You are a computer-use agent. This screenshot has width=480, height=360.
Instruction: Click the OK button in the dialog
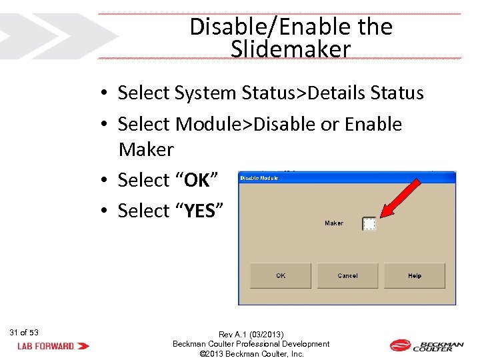(281, 275)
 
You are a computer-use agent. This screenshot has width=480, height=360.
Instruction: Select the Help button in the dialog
(415, 275)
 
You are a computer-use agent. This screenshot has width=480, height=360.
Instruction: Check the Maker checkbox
(369, 224)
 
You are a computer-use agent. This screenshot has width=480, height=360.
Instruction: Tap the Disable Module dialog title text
(259, 178)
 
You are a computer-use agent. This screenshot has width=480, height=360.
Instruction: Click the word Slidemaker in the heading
(291, 49)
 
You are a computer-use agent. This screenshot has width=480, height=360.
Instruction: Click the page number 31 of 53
(25, 332)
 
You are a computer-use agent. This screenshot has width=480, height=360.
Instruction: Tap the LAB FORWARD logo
(53, 346)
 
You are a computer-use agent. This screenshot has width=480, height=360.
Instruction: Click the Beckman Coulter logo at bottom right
(426, 345)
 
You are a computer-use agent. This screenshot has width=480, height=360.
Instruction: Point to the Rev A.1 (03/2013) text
(251, 334)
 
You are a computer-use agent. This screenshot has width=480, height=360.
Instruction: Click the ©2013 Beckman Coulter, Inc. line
(251, 354)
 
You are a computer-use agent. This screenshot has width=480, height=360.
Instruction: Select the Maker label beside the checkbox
(334, 223)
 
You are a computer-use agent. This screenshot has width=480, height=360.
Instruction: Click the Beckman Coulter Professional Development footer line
(251, 344)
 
